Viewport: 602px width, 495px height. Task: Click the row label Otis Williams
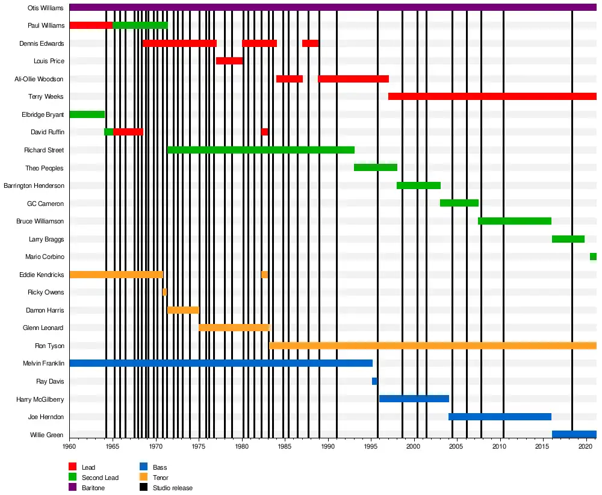tap(46, 8)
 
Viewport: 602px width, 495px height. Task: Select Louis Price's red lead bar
tap(229, 61)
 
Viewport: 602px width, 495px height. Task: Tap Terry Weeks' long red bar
tap(492, 96)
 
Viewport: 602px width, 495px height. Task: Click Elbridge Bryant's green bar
tap(87, 114)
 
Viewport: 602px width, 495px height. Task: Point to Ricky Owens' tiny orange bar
tap(164, 292)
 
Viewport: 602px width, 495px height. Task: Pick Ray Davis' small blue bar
tap(374, 381)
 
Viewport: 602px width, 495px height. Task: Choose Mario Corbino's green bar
tap(593, 257)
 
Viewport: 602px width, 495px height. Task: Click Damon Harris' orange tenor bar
tap(183, 310)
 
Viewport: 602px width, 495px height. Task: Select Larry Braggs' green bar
tap(568, 239)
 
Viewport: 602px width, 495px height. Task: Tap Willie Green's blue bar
tap(574, 434)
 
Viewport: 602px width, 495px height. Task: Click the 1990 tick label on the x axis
tap(328, 446)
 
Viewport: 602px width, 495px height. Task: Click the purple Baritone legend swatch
tap(73, 488)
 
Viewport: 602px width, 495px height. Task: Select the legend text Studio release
tap(173, 488)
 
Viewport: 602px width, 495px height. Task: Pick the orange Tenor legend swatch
tap(144, 478)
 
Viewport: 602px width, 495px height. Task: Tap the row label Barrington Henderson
tap(34, 185)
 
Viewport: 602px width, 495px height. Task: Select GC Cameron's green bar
tap(459, 203)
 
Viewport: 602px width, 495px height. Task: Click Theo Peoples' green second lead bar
tap(375, 167)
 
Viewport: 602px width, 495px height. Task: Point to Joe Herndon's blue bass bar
tap(500, 417)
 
